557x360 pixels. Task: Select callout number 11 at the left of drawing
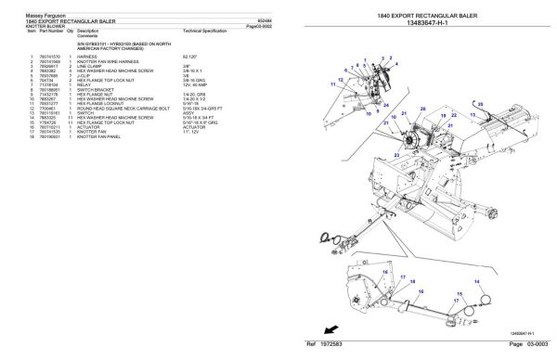coord(330,82)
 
